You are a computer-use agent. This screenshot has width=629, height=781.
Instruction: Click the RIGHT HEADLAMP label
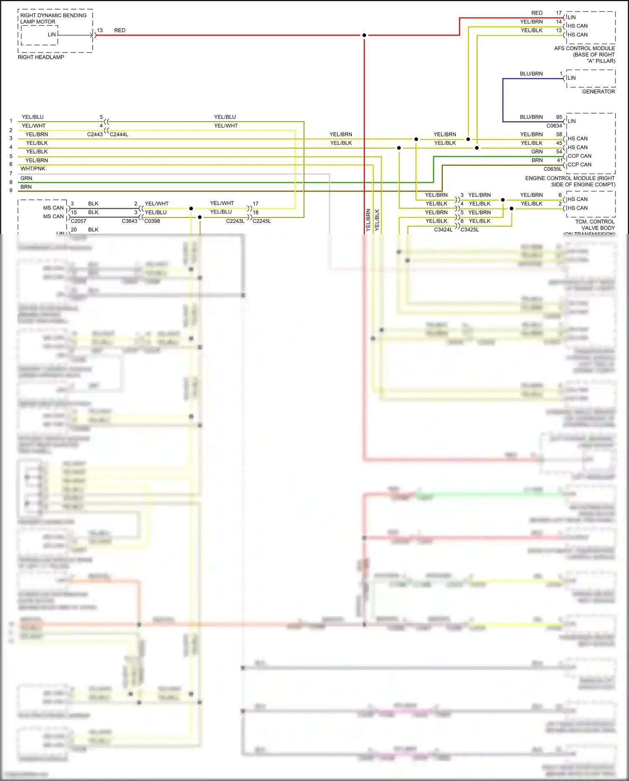coord(41,57)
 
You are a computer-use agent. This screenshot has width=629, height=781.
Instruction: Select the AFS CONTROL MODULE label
coord(584,48)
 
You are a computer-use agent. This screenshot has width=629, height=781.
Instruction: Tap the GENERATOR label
coord(598,91)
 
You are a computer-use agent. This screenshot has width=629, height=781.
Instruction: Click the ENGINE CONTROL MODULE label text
coord(569,178)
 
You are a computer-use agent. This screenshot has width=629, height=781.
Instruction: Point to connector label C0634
coord(554,126)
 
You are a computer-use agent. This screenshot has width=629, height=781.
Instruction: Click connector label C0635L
coord(552,169)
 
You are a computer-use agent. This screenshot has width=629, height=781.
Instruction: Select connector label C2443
coord(95,134)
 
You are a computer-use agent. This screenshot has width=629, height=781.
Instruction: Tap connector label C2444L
coord(119,134)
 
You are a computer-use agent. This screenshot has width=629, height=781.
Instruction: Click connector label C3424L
coord(443,230)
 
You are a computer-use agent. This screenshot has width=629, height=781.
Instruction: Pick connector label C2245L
coord(262,221)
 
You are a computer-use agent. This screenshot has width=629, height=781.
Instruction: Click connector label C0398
coord(152,221)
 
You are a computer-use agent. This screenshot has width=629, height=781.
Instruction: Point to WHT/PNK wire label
coord(33,169)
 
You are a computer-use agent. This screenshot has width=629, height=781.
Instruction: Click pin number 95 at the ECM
coord(559,117)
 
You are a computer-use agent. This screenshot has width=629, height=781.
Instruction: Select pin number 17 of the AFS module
coord(559,13)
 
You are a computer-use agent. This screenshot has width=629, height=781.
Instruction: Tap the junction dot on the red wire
coord(364,35)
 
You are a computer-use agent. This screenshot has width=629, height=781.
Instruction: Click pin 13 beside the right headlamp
coord(100,30)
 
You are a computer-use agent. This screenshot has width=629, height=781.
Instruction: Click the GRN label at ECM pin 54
coord(537,152)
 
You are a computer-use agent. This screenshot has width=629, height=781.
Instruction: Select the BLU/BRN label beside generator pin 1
coord(531,74)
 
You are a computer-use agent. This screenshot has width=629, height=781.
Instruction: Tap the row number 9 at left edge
coord(11,190)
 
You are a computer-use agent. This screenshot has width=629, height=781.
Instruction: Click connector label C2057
coord(78,221)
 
